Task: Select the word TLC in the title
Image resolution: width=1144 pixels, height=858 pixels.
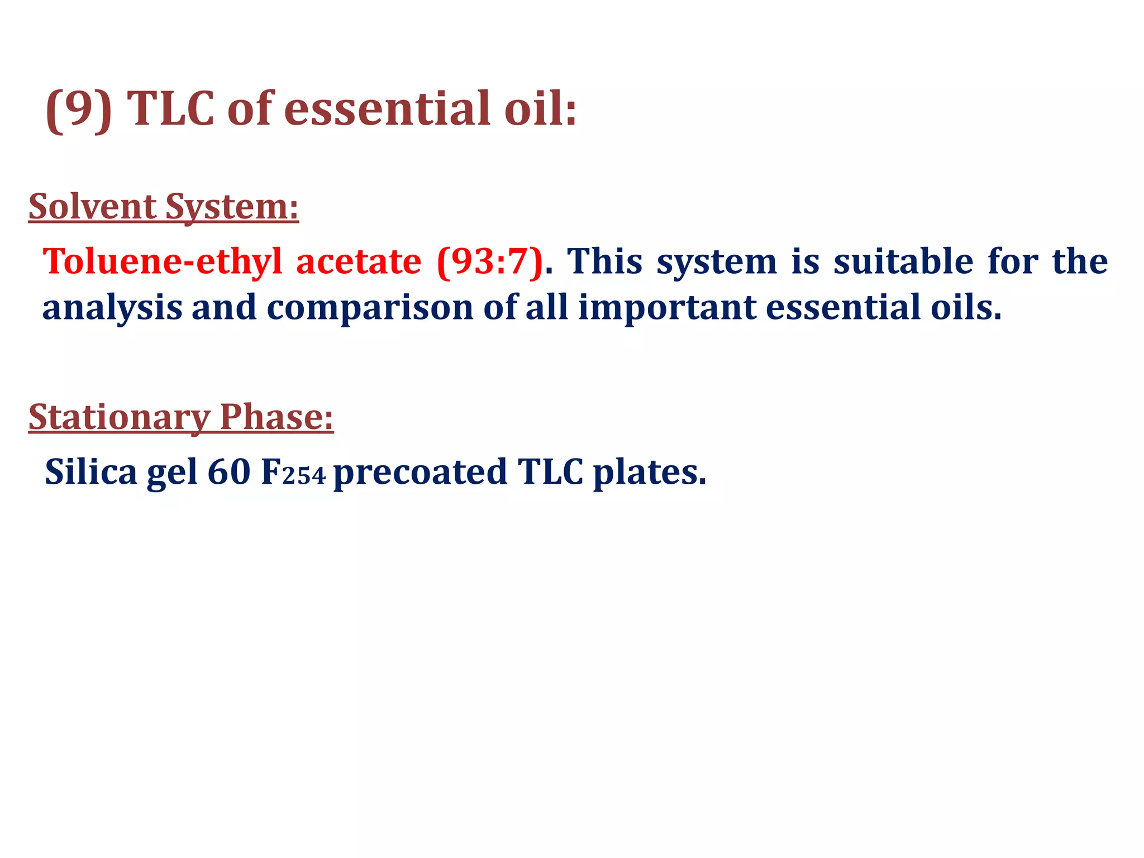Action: pos(170,109)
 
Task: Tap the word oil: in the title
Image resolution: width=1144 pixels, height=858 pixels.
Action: pos(540,109)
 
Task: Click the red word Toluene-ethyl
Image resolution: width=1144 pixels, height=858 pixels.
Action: pos(162,261)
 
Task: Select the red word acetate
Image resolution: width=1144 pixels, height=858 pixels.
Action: pos(358,261)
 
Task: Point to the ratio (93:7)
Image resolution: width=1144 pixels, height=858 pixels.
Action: pos(490,261)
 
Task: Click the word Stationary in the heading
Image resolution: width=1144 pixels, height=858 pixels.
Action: pos(119,417)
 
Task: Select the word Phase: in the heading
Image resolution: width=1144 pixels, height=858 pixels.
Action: pos(277,416)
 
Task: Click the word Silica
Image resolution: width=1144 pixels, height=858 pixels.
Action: pos(90,472)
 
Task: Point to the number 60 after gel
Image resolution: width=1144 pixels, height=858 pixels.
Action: pos(228,472)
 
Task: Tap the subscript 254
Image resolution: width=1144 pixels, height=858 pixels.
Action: pos(304,476)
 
